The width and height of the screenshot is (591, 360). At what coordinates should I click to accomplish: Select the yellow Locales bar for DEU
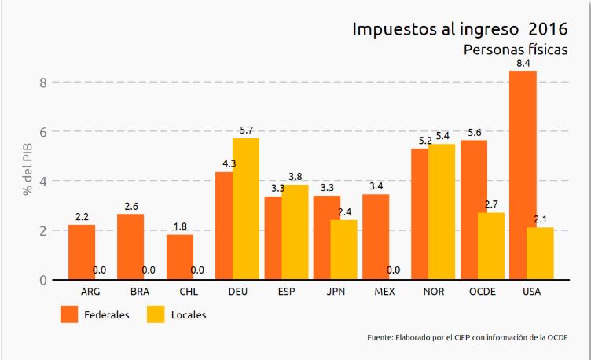pyautogui.click(x=245, y=208)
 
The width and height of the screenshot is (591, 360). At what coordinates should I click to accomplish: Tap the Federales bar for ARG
pyautogui.click(x=82, y=252)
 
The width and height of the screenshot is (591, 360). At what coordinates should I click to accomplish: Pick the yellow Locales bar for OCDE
pyautogui.click(x=490, y=245)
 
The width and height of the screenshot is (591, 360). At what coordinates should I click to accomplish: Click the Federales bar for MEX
pyautogui.click(x=376, y=237)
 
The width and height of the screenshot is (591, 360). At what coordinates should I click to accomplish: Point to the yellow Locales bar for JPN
pyautogui.click(x=343, y=249)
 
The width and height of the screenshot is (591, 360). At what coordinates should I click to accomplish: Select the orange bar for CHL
pyautogui.click(x=180, y=256)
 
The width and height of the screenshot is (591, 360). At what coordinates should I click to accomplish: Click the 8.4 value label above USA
pyautogui.click(x=524, y=62)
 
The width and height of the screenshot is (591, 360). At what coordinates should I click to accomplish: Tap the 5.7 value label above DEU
pyautogui.click(x=245, y=130)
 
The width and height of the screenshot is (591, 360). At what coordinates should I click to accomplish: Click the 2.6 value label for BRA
pyautogui.click(x=130, y=207)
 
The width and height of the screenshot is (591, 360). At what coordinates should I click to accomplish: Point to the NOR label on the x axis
pyautogui.click(x=432, y=292)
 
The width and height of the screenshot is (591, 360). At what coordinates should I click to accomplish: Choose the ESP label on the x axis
pyautogui.click(x=286, y=292)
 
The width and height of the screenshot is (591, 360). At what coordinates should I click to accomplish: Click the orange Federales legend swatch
pyautogui.click(x=71, y=314)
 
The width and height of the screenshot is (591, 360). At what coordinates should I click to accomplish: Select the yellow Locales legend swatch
pyautogui.click(x=158, y=314)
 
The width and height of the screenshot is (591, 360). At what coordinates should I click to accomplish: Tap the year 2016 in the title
pyautogui.click(x=548, y=30)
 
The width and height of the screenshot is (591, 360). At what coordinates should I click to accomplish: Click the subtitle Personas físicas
pyautogui.click(x=516, y=50)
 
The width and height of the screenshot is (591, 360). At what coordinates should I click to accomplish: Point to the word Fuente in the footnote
pyautogui.click(x=380, y=337)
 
